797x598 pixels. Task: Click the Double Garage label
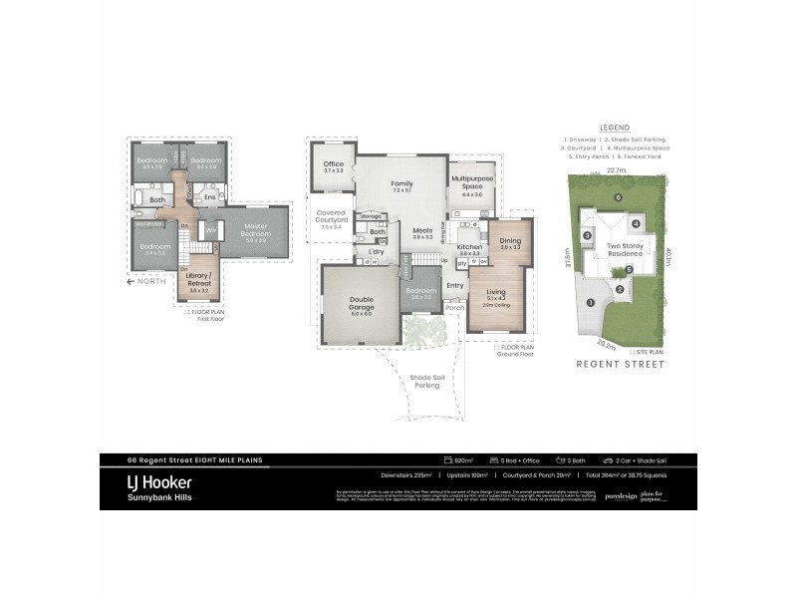[x=361, y=305]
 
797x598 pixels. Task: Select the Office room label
[x=333, y=167]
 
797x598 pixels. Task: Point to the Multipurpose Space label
[x=471, y=183]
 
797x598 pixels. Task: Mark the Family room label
[x=401, y=184]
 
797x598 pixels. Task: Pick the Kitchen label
[x=469, y=246]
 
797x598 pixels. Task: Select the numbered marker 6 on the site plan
[x=618, y=197]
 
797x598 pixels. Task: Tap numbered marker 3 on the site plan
[x=588, y=235]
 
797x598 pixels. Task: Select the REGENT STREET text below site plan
[x=614, y=365]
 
